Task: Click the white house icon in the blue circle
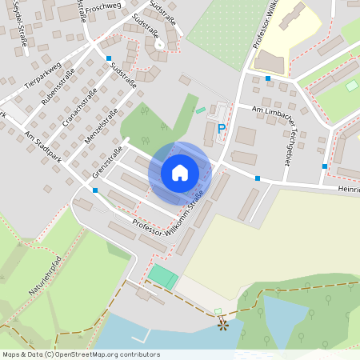180,172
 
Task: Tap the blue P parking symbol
222,128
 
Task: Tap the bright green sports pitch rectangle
162,278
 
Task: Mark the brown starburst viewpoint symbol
222,325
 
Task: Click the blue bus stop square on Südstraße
108,58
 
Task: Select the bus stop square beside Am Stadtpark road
95,190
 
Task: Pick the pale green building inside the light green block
351,85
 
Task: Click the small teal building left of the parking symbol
200,110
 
